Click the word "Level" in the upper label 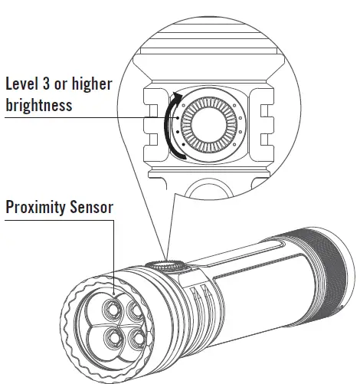tap(25, 84)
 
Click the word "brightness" tap(39, 104)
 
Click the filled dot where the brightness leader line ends tap(175, 118)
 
